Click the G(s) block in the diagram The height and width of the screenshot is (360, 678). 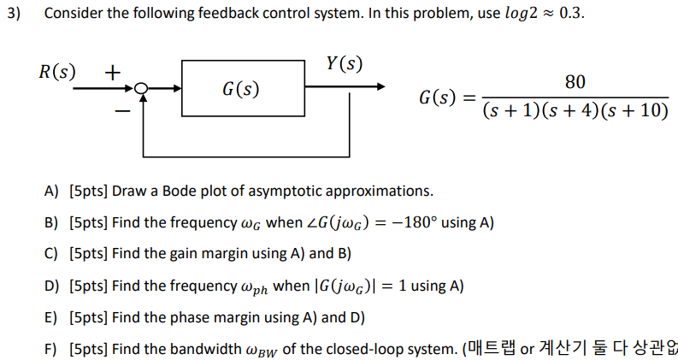tap(243, 88)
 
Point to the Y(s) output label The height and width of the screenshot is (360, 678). tap(344, 63)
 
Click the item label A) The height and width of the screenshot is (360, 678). tap(51, 190)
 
